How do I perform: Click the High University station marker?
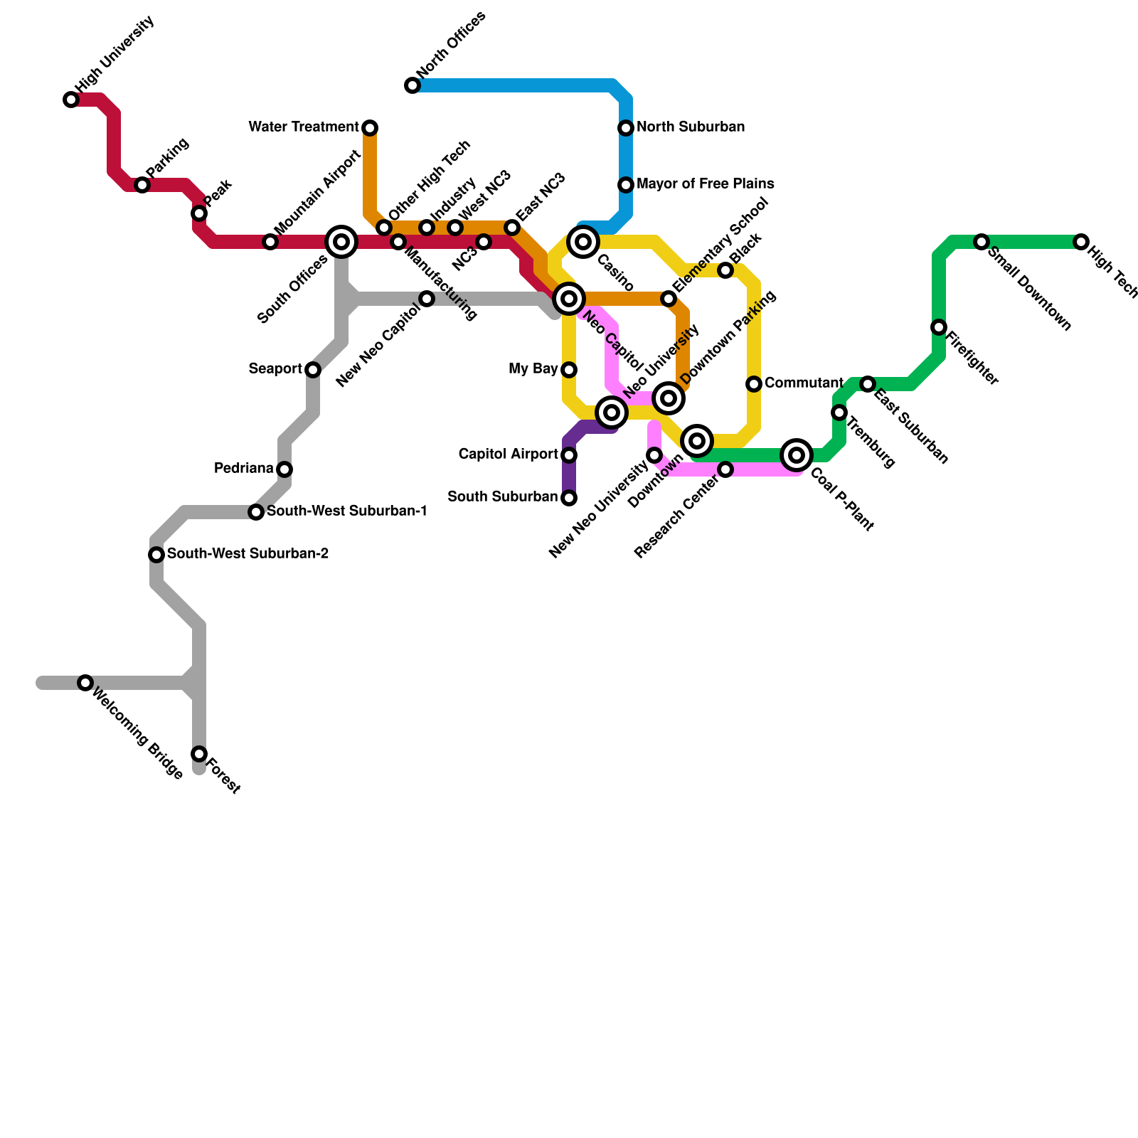[x=71, y=100]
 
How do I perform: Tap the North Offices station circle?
[x=413, y=86]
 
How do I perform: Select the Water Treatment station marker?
[x=370, y=128]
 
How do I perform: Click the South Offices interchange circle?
[x=341, y=242]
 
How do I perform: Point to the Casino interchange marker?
[x=583, y=242]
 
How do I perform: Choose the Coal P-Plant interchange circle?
[x=797, y=455]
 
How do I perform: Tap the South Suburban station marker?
[x=569, y=498]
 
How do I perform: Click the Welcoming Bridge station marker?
[x=85, y=683]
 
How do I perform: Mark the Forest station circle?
[x=199, y=754]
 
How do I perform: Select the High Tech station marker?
[x=1081, y=242]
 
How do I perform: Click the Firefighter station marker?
[x=939, y=327]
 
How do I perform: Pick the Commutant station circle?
[x=754, y=384]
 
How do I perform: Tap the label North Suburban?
[x=691, y=127]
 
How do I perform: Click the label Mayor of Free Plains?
[x=705, y=184]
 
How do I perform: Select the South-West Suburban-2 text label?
[x=248, y=554]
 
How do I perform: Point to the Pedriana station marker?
[x=284, y=469]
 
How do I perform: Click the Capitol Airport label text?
[x=508, y=454]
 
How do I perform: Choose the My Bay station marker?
[x=569, y=370]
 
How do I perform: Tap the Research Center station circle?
[x=725, y=469]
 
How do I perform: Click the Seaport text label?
[x=275, y=369]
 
